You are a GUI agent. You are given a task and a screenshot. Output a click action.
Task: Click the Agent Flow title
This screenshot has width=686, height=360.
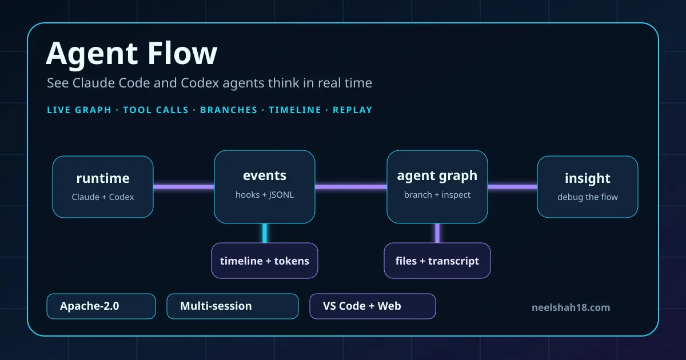click(131, 54)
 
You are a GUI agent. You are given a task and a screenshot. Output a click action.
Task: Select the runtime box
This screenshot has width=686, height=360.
click(103, 187)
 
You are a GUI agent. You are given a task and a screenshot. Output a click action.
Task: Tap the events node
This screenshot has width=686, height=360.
click(265, 187)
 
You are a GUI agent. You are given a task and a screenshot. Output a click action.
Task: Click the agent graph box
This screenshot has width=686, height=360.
click(437, 187)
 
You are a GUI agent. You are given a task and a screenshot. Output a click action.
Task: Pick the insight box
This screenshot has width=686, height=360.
click(588, 187)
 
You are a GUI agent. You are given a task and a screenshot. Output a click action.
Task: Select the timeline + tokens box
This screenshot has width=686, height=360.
click(265, 261)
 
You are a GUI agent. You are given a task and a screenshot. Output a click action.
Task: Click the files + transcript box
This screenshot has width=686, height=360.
click(437, 261)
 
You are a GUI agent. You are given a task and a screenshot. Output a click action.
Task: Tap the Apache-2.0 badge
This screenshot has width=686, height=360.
click(101, 306)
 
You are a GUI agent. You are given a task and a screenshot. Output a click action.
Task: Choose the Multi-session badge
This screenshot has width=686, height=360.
click(233, 306)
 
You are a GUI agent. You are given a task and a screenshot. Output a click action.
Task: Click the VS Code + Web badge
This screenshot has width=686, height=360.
click(372, 306)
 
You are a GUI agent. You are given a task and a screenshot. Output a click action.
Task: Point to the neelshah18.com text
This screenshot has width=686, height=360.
click(571, 307)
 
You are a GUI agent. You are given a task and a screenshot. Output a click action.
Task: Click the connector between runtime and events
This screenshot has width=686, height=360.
click(184, 187)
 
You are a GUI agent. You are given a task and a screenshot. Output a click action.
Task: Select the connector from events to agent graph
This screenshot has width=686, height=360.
click(351, 187)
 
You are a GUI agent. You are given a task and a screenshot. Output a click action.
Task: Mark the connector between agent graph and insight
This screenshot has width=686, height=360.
click(512, 187)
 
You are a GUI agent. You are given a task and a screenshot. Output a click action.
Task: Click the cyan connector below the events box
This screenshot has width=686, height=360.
click(265, 233)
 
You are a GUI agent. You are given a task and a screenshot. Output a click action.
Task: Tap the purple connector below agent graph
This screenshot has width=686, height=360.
click(437, 233)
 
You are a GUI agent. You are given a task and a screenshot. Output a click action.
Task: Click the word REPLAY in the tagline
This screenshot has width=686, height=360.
click(353, 110)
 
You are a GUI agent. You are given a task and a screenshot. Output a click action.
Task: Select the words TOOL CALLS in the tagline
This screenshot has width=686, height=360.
click(155, 110)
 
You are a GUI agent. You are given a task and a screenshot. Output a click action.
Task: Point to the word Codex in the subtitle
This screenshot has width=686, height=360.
click(200, 83)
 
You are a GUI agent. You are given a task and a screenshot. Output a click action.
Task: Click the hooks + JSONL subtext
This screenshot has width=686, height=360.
click(265, 195)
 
